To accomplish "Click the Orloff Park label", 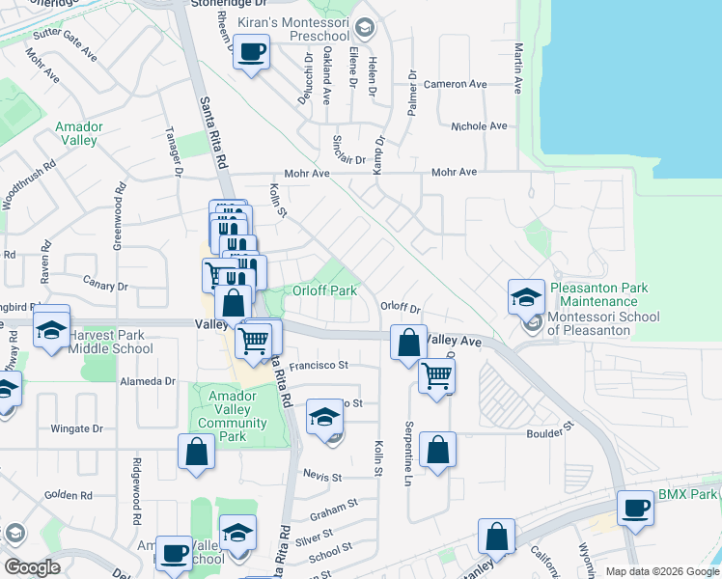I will pos(326,290).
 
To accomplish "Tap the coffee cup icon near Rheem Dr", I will pos(252,52).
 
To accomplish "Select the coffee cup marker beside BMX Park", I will pos(636,508).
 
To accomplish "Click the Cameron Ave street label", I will pos(465,85).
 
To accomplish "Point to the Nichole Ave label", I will pos(479,126).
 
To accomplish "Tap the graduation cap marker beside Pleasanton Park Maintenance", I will pos(526,296).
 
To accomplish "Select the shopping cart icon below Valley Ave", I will pos(436,374).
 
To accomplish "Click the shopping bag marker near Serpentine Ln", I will pos(437,450).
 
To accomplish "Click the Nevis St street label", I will pos(322,478).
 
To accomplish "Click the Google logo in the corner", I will pos(33,567).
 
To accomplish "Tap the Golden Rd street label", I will pos(67,496).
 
